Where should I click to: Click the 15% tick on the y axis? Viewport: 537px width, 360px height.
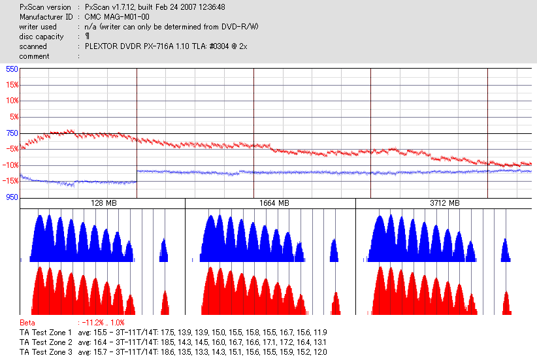click(12, 85)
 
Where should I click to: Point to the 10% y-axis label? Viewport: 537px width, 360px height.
click(12, 101)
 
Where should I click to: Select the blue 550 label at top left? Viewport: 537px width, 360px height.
click(12, 69)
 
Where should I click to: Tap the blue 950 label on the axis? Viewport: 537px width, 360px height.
click(12, 197)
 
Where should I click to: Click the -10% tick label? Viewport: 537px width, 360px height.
click(10, 165)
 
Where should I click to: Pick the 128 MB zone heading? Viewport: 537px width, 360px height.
click(103, 203)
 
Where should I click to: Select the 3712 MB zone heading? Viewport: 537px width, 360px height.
click(443, 203)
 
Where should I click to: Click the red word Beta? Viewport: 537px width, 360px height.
click(27, 323)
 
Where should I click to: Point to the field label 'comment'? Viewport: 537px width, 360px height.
click(35, 56)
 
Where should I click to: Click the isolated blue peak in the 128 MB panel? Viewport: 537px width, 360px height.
click(164, 251)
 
